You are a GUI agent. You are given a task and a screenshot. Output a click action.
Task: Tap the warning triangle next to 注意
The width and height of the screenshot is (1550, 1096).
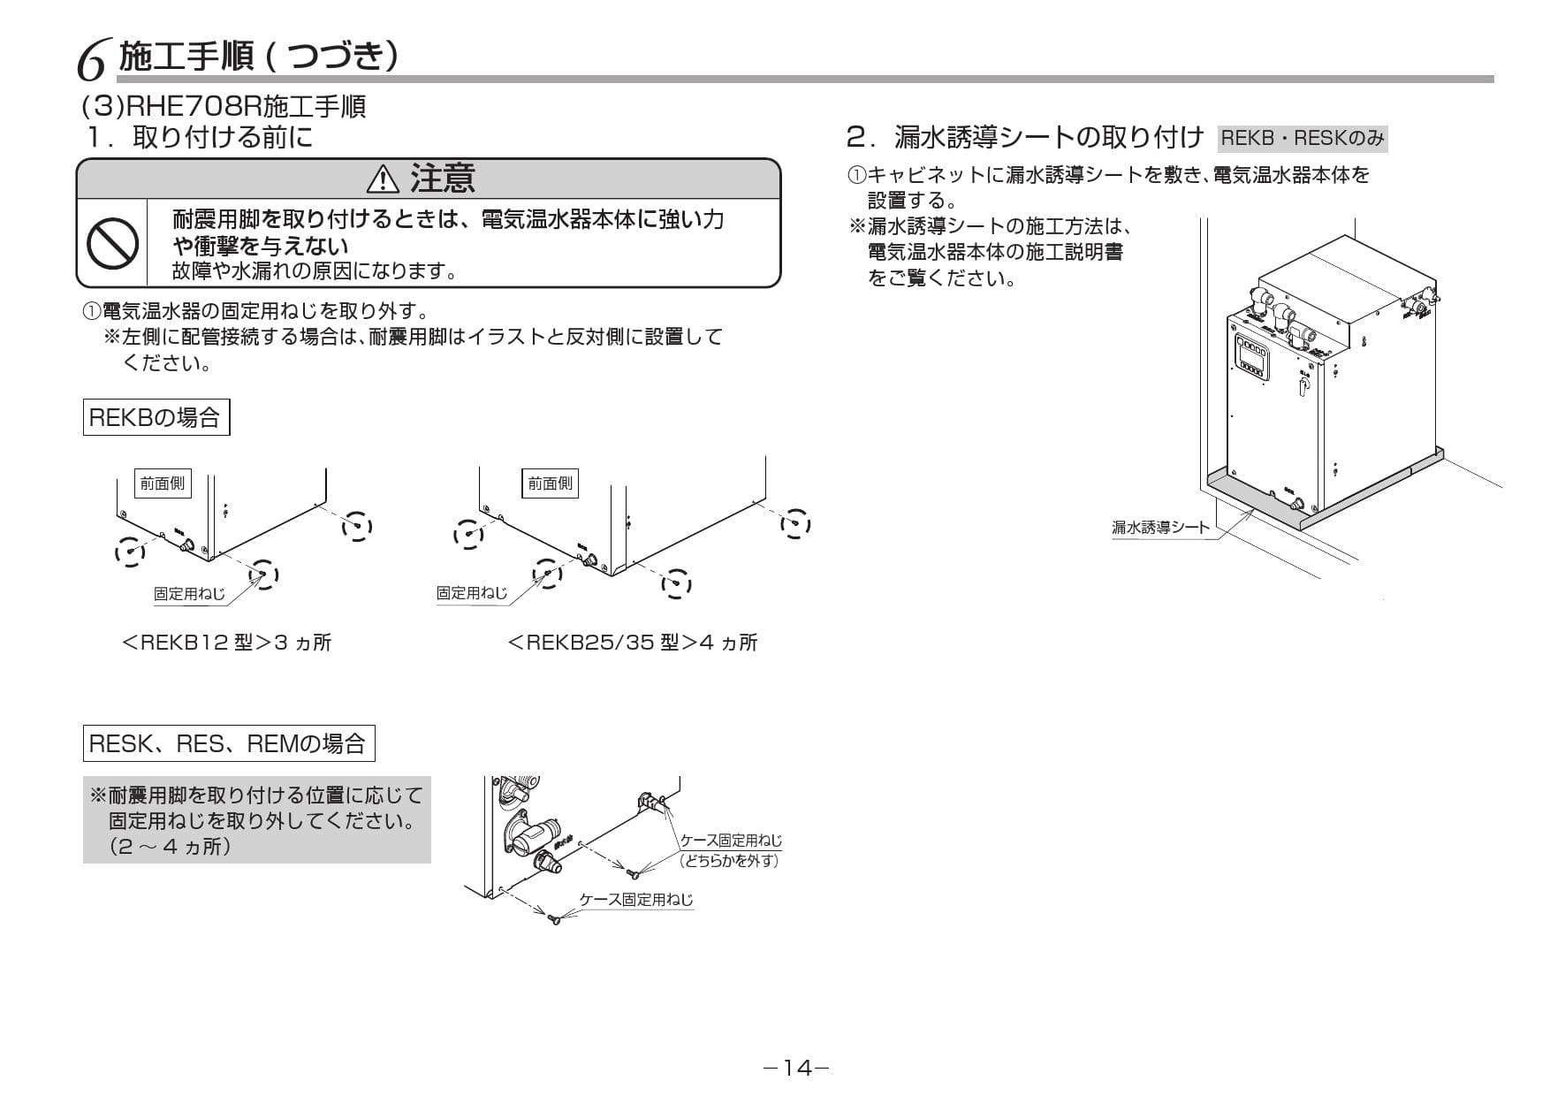tap(383, 179)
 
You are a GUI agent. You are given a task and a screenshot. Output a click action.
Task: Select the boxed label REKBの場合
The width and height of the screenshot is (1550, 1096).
tap(156, 417)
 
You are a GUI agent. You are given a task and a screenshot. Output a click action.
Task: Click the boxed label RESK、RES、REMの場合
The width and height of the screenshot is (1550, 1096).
tap(228, 743)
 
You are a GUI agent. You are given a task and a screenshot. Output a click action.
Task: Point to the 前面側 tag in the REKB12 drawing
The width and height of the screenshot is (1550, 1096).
tap(163, 483)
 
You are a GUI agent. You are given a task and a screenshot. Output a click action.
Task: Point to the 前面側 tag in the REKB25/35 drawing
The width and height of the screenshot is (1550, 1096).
tap(550, 483)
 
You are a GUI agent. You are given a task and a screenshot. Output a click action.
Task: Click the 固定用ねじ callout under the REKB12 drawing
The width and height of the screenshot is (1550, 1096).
tap(189, 594)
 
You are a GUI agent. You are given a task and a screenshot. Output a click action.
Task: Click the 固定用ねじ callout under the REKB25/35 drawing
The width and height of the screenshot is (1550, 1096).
tap(472, 593)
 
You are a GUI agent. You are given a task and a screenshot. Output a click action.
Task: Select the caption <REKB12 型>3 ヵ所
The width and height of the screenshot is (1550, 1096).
tap(226, 643)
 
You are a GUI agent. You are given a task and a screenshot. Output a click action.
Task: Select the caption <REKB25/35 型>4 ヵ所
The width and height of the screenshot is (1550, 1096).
tap(633, 643)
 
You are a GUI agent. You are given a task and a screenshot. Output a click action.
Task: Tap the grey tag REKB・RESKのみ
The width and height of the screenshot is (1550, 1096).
tap(1302, 139)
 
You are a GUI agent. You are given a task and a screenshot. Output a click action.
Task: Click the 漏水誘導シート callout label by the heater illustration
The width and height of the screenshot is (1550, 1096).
tap(1159, 528)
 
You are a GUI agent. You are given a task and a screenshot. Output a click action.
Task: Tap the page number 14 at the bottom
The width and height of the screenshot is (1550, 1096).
tap(796, 1069)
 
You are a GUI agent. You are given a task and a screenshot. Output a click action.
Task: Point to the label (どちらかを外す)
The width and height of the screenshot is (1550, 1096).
tap(730, 860)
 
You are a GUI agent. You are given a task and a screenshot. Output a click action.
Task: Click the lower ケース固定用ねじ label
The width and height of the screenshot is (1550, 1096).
tap(635, 900)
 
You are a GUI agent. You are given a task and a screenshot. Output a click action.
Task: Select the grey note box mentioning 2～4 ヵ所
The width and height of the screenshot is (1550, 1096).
tap(256, 821)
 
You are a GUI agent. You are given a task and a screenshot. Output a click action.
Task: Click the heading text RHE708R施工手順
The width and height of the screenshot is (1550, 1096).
tap(224, 107)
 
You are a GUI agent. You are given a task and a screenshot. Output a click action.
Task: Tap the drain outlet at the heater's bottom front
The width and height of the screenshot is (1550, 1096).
tap(1297, 506)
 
